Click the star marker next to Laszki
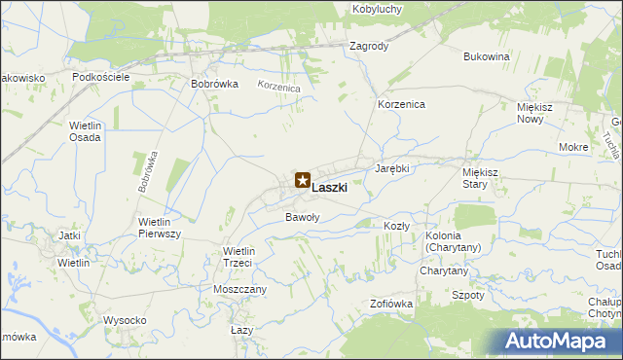tap(302, 180)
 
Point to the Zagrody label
tap(369, 46)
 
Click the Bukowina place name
tap(487, 56)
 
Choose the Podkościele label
tap(101, 76)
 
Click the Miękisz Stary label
tap(481, 177)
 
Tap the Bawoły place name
tap(302, 217)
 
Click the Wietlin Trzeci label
tap(238, 257)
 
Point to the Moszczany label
tap(240, 290)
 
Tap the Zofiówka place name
tap(391, 305)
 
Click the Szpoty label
tap(469, 294)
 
